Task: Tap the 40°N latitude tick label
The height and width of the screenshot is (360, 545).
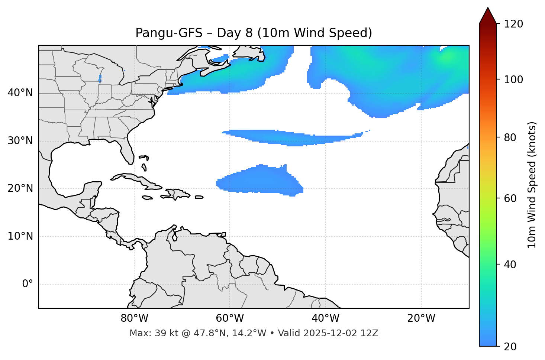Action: [x=20, y=93]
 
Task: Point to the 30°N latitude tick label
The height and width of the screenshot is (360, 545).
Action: [x=20, y=141]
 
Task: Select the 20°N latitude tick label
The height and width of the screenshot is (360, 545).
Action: [x=20, y=188]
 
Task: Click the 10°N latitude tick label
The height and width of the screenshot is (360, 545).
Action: [x=20, y=236]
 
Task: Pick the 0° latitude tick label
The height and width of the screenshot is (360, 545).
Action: [x=28, y=284]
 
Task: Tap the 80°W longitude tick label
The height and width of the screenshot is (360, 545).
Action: [x=134, y=318]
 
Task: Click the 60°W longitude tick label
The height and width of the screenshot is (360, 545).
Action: [x=230, y=318]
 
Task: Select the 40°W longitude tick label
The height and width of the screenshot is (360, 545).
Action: [x=325, y=318]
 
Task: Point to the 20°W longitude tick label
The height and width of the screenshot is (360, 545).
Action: [x=421, y=318]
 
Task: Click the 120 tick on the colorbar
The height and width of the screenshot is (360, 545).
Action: [x=513, y=24]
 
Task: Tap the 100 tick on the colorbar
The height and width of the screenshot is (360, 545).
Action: [x=513, y=80]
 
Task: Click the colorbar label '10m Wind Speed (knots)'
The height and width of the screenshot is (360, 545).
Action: [x=532, y=185]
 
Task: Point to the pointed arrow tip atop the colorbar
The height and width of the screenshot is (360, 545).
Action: [x=488, y=9]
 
